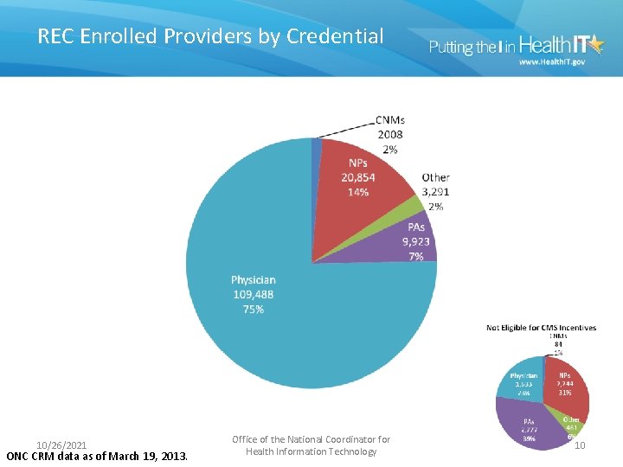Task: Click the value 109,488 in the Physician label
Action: tap(254, 294)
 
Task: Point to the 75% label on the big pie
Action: tap(253, 309)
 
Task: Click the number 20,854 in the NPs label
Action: tap(358, 177)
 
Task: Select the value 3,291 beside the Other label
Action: tap(435, 192)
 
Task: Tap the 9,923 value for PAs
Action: tap(414, 242)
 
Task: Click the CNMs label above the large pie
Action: tap(390, 119)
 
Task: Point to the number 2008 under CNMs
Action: tap(389, 134)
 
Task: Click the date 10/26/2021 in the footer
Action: tap(61, 445)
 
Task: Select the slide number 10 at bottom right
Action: tap(581, 445)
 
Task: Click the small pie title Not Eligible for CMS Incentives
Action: tap(541, 328)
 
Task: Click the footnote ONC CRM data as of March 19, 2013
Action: tap(96, 456)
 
